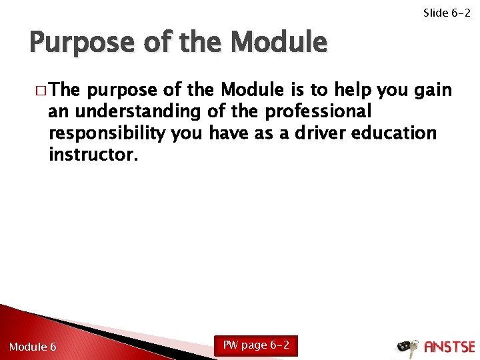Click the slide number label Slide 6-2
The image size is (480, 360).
447,13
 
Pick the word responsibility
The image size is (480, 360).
107,133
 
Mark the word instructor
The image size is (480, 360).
93,155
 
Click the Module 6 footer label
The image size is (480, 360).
33,347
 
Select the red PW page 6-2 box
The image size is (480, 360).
256,345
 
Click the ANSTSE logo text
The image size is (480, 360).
449,347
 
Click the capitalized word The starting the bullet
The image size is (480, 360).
64,90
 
